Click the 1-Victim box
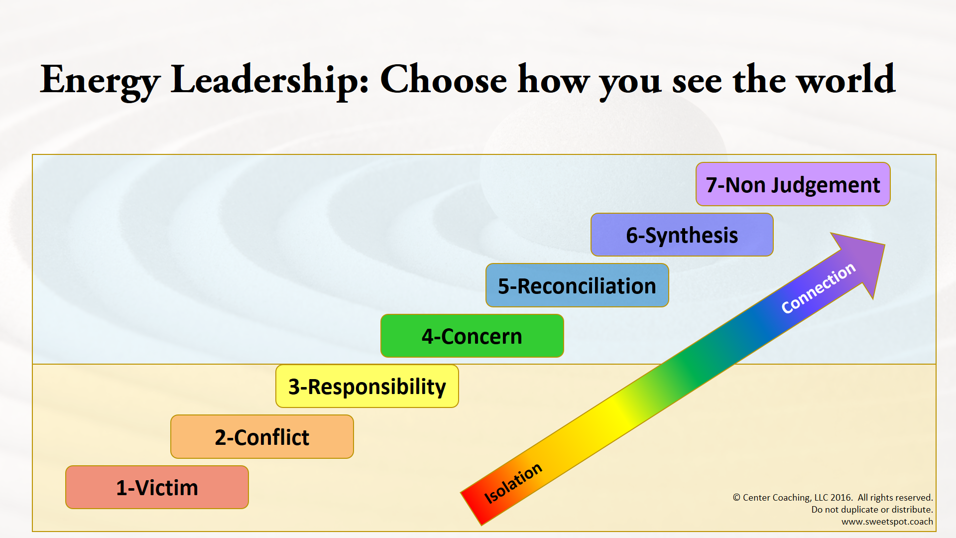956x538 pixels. (157, 487)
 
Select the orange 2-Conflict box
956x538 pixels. (262, 437)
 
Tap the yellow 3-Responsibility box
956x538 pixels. (367, 387)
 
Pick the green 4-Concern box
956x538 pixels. (472, 336)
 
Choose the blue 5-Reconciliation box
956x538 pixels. (577, 285)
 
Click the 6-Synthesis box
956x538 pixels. (682, 235)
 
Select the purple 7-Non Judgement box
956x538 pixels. (793, 184)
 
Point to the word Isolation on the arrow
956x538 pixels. (513, 483)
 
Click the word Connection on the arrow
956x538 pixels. (818, 288)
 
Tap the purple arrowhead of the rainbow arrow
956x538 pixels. (864, 259)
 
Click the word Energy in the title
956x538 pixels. (100, 80)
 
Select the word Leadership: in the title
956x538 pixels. (269, 80)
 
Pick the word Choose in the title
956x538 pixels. (443, 80)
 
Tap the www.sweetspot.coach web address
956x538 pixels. (887, 522)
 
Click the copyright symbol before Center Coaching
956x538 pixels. (736, 498)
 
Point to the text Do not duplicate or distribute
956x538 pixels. (872, 510)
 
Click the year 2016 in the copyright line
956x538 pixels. (841, 498)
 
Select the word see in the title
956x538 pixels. (697, 80)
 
